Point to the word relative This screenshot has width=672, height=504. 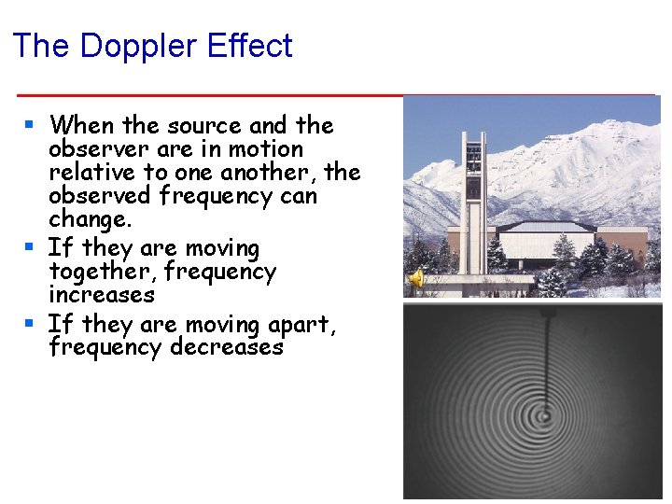91,173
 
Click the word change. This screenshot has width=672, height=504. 90,220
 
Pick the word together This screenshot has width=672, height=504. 95,272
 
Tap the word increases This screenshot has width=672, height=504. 101,295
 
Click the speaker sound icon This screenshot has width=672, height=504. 417,278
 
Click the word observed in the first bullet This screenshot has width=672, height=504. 101,196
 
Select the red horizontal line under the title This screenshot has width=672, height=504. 336,95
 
